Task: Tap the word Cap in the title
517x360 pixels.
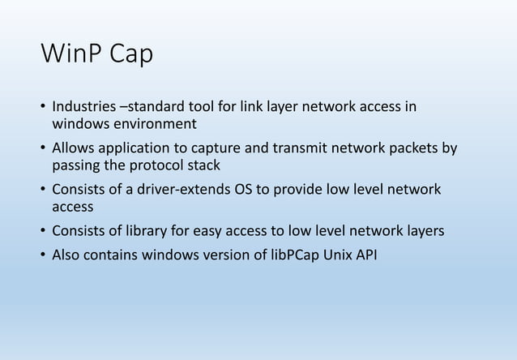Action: pos(130,56)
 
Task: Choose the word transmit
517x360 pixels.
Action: pos(285,149)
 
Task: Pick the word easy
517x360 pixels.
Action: pos(209,231)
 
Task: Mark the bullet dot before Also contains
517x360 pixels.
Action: pos(42,255)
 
